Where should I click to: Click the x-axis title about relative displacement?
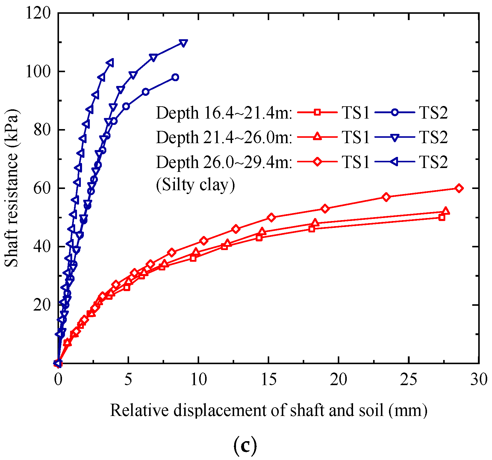pos(269,410)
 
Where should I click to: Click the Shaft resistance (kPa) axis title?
pos(12,188)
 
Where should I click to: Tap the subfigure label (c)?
pos(245,447)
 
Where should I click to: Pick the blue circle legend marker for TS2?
pos(395,113)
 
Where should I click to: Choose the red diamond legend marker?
pos(317,162)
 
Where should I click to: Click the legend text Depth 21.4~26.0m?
pos(224,138)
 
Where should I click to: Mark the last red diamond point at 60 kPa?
pos(459,188)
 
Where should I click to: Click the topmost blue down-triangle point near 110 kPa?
pos(183,43)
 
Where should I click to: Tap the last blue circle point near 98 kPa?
pos(175,77)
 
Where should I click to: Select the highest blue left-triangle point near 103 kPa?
pos(110,63)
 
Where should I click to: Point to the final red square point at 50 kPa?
pos(442,217)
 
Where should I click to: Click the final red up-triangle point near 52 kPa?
pos(446,211)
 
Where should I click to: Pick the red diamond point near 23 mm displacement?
pos(386,197)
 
